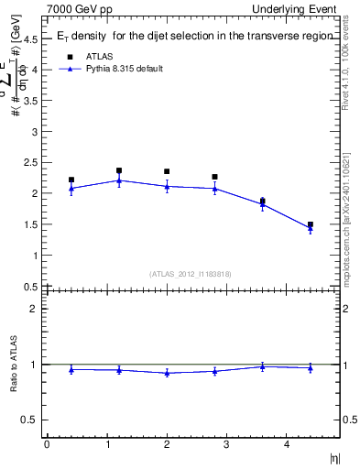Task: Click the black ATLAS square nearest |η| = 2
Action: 167,171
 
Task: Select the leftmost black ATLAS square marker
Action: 71,180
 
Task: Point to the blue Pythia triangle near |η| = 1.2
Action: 119,180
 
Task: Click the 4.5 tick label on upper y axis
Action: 32,38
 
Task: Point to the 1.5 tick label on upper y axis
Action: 32,224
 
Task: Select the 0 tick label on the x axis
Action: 47,444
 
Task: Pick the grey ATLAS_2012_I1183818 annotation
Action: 191,274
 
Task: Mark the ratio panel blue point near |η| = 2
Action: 167,373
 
